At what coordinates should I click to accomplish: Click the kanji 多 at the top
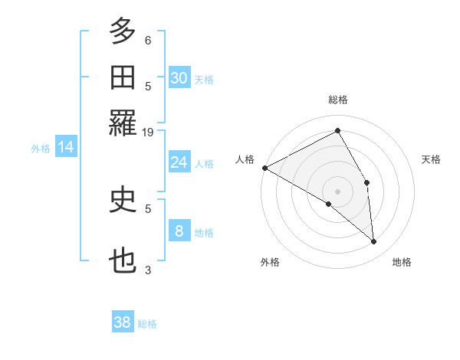pos(123,31)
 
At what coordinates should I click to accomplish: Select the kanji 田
pos(123,78)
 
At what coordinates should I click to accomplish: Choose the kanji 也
pos(123,261)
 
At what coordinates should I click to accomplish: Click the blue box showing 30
pos(179,77)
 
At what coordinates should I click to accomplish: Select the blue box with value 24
pos(179,162)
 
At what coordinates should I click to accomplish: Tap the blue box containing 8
pos(179,231)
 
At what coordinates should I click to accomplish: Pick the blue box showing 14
pos(66,147)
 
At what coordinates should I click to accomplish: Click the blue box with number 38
pos(123,322)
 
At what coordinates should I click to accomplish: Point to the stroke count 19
pos(149,133)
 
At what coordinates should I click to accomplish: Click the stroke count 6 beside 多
pos(148,40)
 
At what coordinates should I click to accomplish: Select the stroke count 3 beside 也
pos(148,270)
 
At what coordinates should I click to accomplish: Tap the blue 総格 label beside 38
pos(147,324)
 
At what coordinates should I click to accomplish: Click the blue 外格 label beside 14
pos(41,149)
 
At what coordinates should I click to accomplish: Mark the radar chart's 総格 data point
pos(337,131)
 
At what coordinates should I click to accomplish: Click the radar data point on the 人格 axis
pos(264,168)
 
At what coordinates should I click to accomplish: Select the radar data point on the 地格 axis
pos(374,242)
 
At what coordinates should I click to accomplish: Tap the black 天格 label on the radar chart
pos(432,159)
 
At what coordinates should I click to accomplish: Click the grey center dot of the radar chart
pos(337,191)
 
